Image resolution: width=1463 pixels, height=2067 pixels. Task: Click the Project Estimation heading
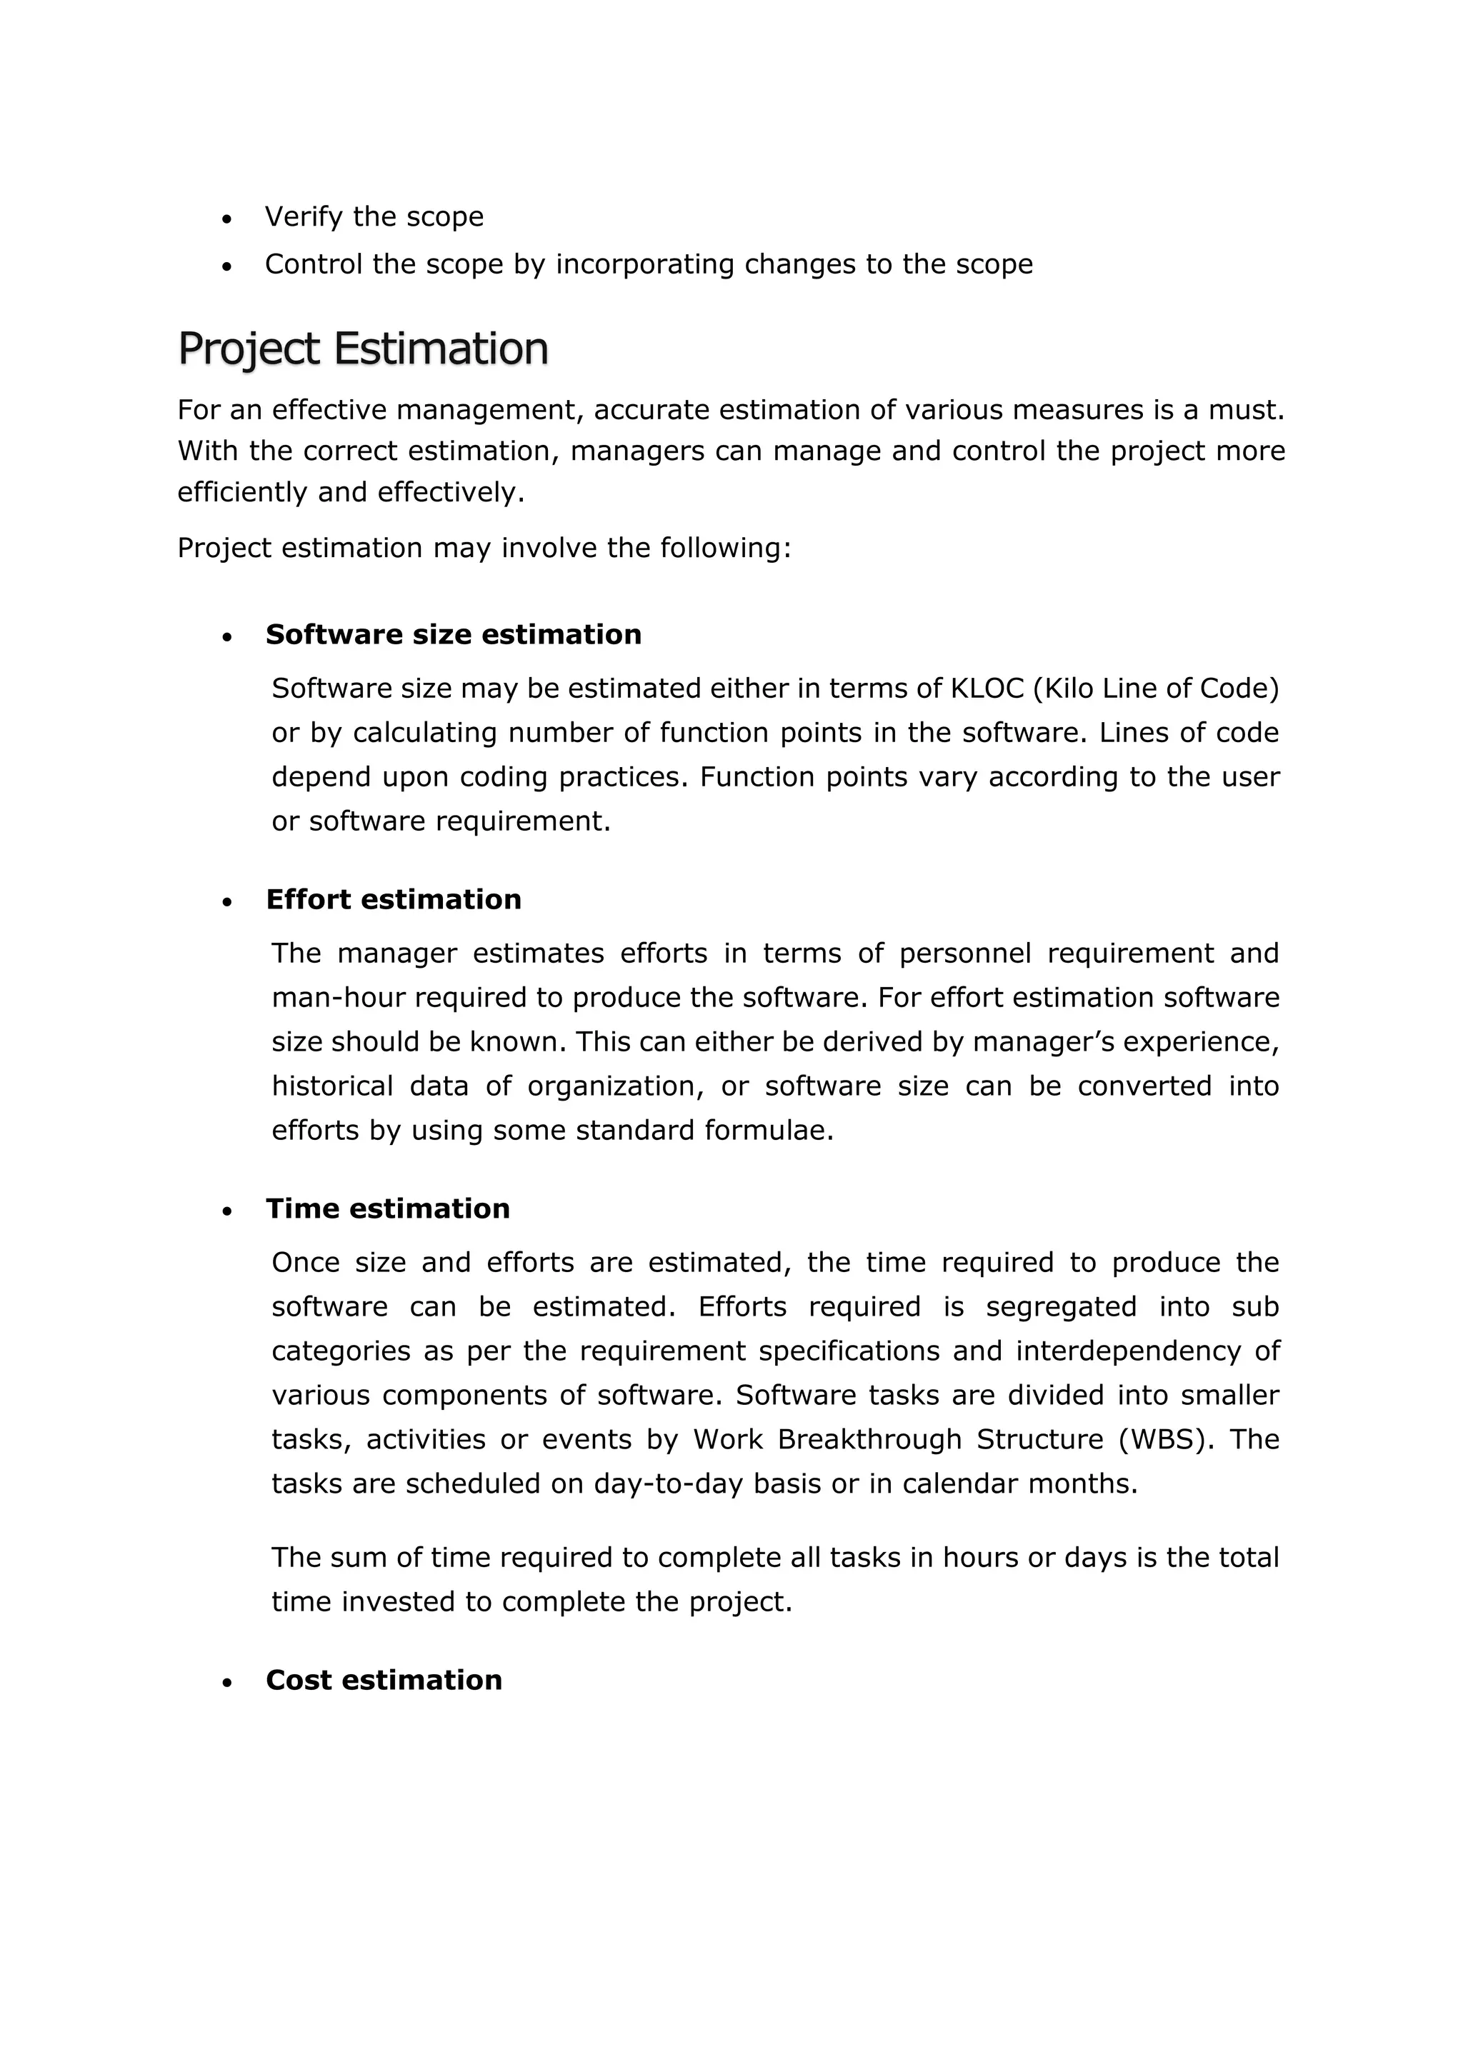point(362,349)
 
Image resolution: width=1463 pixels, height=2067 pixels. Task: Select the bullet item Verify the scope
point(374,217)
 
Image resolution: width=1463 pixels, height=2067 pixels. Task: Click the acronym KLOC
point(987,689)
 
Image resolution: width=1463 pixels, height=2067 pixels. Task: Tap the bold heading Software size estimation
point(453,635)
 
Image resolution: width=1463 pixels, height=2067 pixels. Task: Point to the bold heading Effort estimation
point(393,900)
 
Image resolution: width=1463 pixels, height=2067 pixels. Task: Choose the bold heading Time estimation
point(387,1208)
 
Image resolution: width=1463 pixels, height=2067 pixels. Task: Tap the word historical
point(332,1087)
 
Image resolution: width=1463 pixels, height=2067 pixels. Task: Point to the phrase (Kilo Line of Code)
point(1156,689)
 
